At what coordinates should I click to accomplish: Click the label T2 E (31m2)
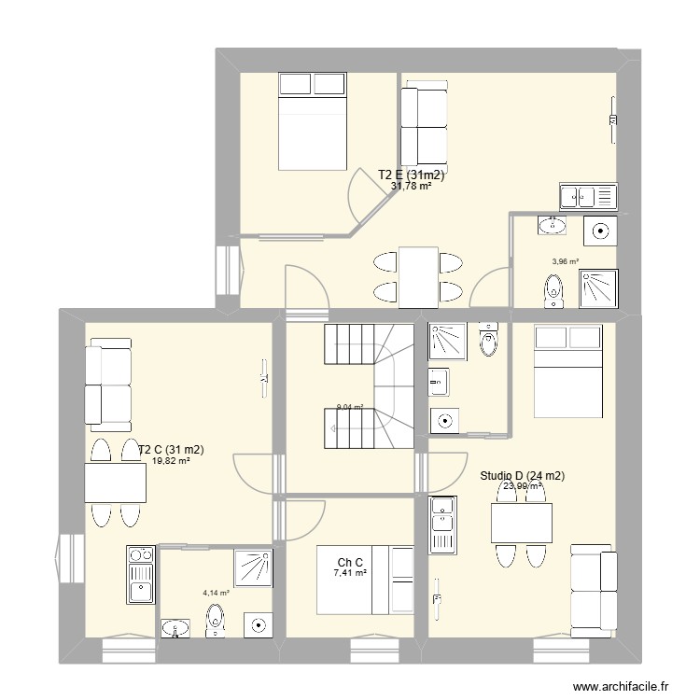(x=411, y=175)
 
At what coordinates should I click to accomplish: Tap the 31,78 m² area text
(x=411, y=186)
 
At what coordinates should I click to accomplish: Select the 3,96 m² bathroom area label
(x=565, y=262)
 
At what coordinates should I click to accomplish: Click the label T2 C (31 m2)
(x=171, y=450)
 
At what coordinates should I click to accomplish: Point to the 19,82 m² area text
(x=171, y=461)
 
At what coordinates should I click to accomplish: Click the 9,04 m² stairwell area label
(x=350, y=407)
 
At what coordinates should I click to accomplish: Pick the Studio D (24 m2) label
(x=523, y=475)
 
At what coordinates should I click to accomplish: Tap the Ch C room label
(x=351, y=562)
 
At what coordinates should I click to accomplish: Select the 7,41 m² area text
(x=351, y=573)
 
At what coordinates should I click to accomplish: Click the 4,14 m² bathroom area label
(x=216, y=591)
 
